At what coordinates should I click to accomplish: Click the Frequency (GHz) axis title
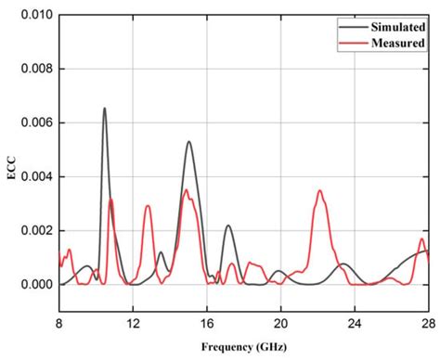[243, 347]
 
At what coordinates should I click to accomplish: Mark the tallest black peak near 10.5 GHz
[104, 109]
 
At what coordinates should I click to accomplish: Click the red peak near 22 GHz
[320, 191]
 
